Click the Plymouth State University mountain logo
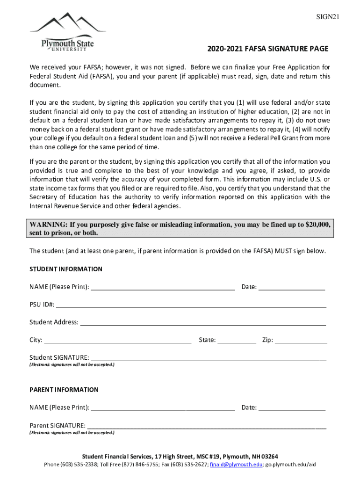(68, 32)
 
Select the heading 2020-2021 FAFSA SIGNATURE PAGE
(268, 49)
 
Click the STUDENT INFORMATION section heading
(66, 269)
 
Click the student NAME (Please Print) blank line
(163, 287)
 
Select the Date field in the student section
(292, 287)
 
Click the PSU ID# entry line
(191, 305)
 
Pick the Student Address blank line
(202, 322)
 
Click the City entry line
(117, 340)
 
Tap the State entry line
(237, 340)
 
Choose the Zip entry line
(301, 340)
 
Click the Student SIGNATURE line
(208, 358)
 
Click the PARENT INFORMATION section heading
(64, 390)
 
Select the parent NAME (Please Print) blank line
(163, 407)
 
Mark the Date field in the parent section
(292, 407)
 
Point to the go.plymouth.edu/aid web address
(291, 464)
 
